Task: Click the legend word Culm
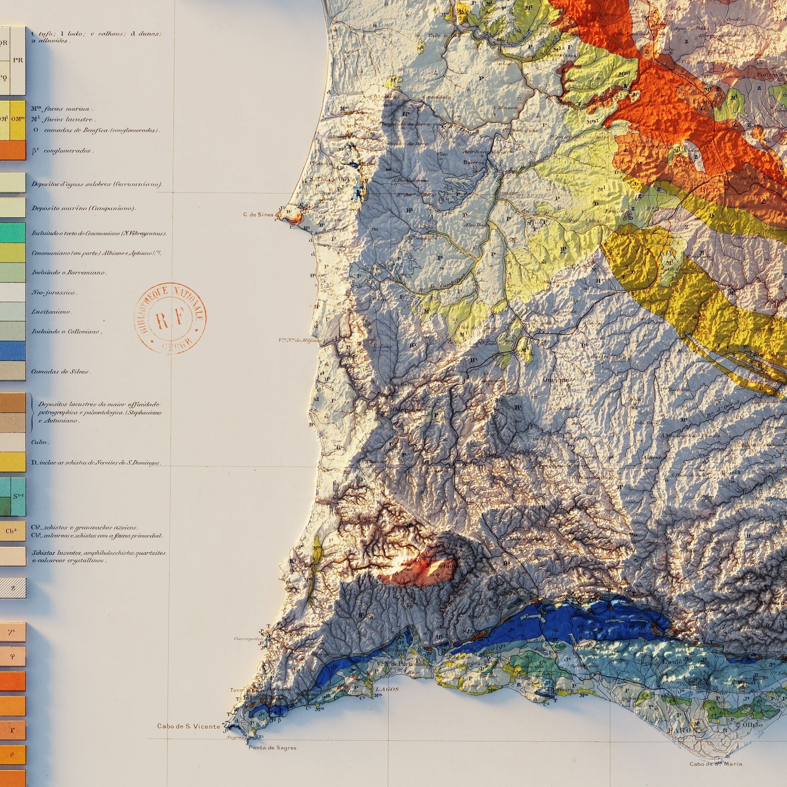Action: (x=40, y=442)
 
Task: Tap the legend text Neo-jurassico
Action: (x=54, y=292)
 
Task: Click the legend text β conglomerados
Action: (x=62, y=151)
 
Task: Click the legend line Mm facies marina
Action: (x=62, y=109)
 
